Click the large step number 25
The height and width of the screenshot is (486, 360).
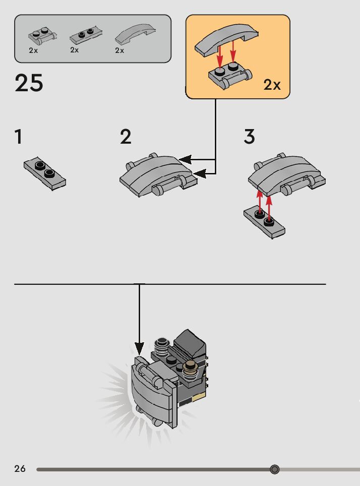coord(29,83)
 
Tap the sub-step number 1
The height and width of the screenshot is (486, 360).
coord(19,137)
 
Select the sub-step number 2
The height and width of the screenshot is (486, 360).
coord(126,137)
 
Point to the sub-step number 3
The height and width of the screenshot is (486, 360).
coord(249,137)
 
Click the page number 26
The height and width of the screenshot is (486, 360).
coord(20,469)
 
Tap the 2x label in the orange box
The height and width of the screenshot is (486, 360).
coord(272,85)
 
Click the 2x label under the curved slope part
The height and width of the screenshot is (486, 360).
coord(119,50)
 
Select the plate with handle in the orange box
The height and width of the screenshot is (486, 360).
coord(229,76)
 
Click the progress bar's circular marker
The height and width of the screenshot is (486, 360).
coord(275,469)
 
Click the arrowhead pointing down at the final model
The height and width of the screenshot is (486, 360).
coord(140,349)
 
